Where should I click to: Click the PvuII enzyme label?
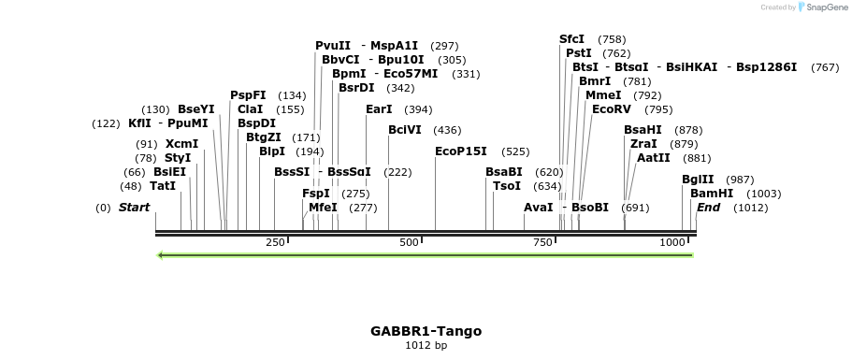tap(333, 45)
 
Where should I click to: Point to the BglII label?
tap(698, 180)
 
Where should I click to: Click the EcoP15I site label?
tap(461, 151)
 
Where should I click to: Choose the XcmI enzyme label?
tap(181, 144)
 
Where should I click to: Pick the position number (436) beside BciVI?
tap(447, 130)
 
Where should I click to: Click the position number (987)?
tap(740, 180)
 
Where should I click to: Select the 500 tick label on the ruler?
tap(410, 242)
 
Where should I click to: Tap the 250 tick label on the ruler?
tap(275, 242)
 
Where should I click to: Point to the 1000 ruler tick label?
tap(672, 242)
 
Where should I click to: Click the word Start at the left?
tap(134, 208)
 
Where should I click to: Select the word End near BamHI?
tap(708, 208)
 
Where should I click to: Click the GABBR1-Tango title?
tap(426, 331)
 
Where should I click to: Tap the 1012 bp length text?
tap(426, 346)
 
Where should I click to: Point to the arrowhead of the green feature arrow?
tap(162, 254)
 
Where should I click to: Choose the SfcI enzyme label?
tap(571, 39)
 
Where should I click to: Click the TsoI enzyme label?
tap(507, 186)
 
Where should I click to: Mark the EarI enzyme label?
tap(379, 109)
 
